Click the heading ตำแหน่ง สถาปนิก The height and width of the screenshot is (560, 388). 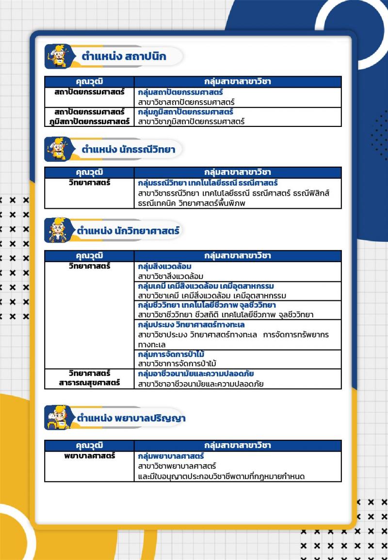tap(124, 57)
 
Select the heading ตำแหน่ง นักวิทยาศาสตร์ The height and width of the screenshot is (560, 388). tap(128, 231)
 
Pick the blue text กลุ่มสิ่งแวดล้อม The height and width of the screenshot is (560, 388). tap(165, 266)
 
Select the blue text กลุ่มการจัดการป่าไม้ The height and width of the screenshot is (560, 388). tap(171, 354)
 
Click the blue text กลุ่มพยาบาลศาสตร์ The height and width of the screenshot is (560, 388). tap(171, 456)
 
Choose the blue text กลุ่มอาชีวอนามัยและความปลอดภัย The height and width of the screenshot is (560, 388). tap(196, 373)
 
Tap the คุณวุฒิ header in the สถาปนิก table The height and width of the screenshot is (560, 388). tap(89, 82)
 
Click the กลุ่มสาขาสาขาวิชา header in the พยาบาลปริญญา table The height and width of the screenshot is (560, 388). tap(238, 445)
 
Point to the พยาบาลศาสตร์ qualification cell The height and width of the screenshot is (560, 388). tap(89, 456)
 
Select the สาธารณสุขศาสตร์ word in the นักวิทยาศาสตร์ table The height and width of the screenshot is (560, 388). tap(89, 383)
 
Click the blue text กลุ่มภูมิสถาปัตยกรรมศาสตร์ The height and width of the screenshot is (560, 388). tap(186, 112)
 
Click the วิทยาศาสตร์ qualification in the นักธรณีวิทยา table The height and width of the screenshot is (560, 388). tap(89, 183)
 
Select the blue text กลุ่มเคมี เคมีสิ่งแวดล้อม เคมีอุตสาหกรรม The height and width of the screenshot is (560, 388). tap(206, 285)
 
